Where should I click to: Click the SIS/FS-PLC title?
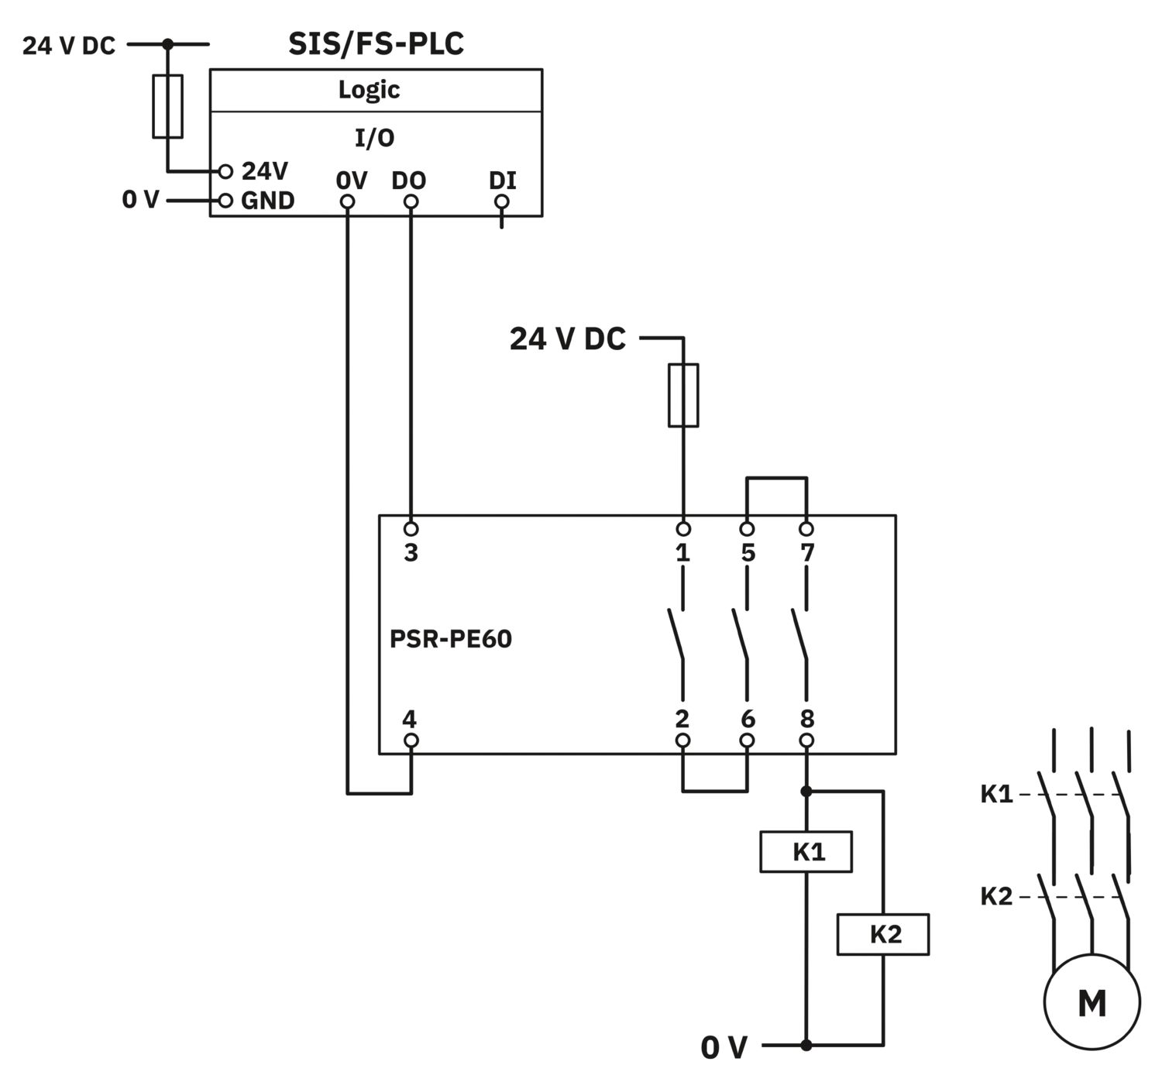point(376,44)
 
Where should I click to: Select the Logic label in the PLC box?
point(370,90)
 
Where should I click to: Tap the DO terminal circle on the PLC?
point(411,202)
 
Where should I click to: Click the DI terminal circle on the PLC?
point(501,202)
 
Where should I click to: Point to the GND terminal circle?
point(226,201)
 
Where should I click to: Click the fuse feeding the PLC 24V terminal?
point(168,106)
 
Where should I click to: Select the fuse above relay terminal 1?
point(683,395)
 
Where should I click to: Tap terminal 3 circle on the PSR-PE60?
point(411,529)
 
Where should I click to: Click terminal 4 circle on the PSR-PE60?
point(411,740)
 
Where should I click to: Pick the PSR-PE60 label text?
point(451,639)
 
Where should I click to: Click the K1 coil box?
point(806,852)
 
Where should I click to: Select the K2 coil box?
point(883,935)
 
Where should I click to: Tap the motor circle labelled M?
point(1092,1001)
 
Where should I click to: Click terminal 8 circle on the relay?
point(806,740)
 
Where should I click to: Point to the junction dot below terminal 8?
point(806,791)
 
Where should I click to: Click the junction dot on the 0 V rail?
point(806,1045)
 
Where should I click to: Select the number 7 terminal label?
point(807,552)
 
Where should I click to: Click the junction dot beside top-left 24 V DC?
point(168,44)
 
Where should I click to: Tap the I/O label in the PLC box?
point(374,138)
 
